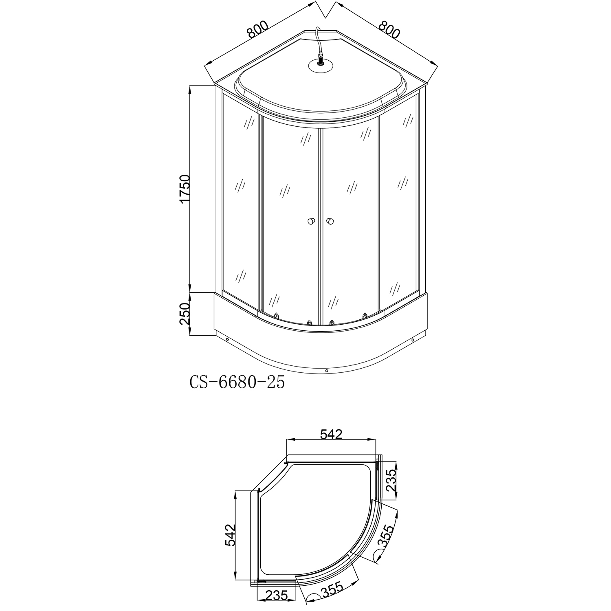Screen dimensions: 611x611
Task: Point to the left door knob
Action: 311,221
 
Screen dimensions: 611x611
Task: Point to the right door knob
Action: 330,221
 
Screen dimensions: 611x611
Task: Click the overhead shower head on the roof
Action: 320,66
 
